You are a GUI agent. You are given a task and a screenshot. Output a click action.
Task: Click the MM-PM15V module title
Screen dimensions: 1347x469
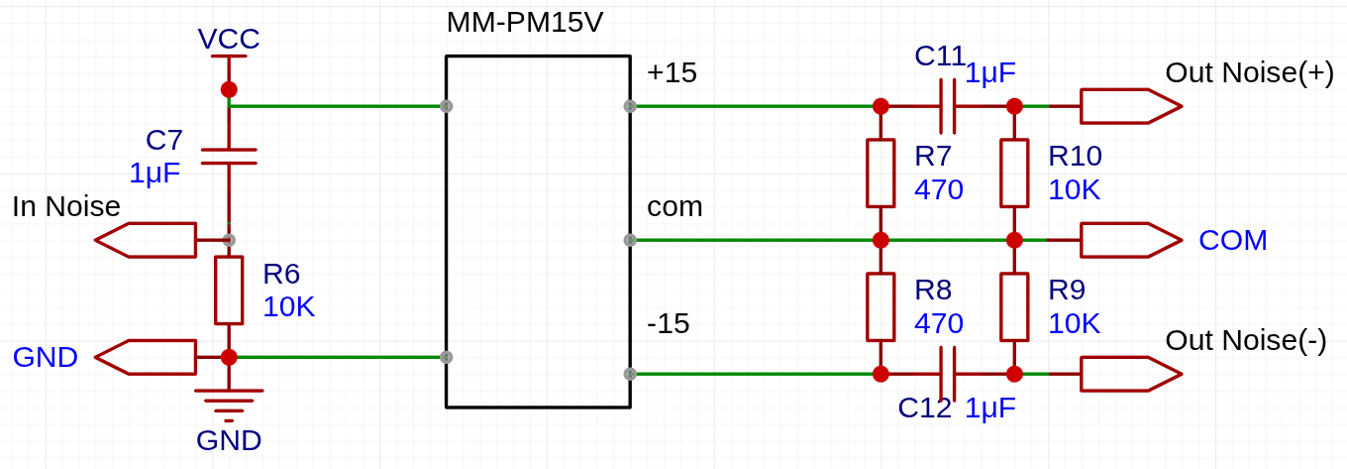pyautogui.click(x=524, y=23)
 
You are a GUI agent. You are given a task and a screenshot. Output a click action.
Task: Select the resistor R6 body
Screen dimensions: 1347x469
pyautogui.click(x=229, y=291)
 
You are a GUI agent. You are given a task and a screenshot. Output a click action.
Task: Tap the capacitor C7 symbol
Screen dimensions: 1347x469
pyautogui.click(x=229, y=157)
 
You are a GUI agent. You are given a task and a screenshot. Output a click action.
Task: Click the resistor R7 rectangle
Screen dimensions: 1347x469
pyautogui.click(x=881, y=174)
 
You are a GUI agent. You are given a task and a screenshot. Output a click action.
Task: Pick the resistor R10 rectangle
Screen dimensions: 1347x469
pyautogui.click(x=1014, y=174)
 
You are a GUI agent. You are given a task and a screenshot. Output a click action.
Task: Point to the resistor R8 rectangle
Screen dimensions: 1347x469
pyautogui.click(x=881, y=307)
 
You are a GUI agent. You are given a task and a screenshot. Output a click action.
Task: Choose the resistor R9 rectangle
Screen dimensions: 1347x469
pyautogui.click(x=1014, y=307)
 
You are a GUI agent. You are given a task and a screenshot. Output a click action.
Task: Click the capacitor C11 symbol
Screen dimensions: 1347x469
pyautogui.click(x=948, y=106)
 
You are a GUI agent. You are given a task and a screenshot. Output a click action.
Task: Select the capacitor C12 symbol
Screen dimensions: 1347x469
pyautogui.click(x=948, y=374)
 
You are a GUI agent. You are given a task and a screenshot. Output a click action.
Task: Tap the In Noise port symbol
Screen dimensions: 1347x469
pyautogui.click(x=146, y=240)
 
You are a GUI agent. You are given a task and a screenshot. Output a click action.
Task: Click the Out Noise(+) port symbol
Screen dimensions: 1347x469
pyautogui.click(x=1131, y=106)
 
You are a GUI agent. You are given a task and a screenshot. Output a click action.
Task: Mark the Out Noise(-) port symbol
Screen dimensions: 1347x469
pyautogui.click(x=1131, y=374)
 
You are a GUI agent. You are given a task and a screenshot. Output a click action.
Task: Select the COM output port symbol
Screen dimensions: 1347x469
pyautogui.click(x=1131, y=240)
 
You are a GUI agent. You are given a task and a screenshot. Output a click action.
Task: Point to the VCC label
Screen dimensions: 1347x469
pyautogui.click(x=229, y=39)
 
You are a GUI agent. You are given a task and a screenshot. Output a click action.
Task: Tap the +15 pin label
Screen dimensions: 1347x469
pyautogui.click(x=672, y=72)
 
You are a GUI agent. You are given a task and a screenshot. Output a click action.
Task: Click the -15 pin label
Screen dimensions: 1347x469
pyautogui.click(x=669, y=324)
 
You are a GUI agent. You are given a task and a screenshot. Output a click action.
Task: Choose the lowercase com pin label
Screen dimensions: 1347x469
pyautogui.click(x=674, y=207)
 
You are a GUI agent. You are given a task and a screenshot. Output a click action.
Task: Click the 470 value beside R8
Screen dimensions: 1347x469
pyautogui.click(x=939, y=324)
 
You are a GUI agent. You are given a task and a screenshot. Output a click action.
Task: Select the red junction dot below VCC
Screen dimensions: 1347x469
pyautogui.click(x=229, y=89)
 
